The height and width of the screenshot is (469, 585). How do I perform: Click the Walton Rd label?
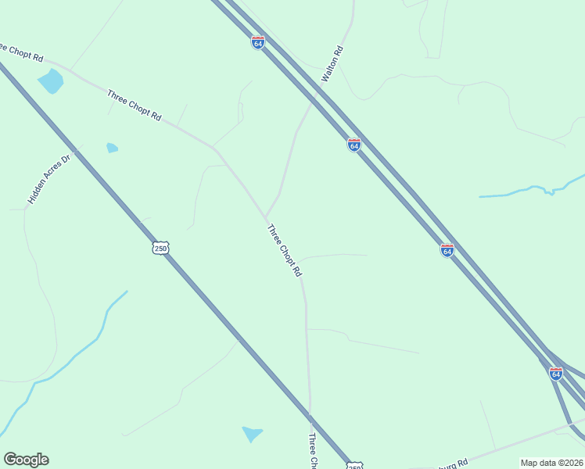[332, 65]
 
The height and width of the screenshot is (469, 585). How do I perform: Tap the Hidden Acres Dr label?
[48, 179]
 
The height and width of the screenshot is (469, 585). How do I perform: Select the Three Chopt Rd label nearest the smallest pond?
[135, 105]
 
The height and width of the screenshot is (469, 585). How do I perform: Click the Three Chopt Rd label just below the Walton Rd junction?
[284, 251]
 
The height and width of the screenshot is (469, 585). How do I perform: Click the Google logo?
[26, 460]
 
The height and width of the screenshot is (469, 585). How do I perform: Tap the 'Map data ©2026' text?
[552, 463]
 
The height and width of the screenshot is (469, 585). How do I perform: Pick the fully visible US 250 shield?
[160, 248]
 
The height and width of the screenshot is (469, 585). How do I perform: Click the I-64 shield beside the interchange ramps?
[556, 374]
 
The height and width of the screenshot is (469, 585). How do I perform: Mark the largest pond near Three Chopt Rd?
[51, 81]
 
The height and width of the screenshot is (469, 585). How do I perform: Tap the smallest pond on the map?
[112, 148]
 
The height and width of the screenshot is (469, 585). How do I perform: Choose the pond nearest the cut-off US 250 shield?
[252, 433]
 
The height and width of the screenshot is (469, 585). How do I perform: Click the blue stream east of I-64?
[532, 190]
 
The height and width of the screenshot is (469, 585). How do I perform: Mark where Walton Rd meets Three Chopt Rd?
[266, 218]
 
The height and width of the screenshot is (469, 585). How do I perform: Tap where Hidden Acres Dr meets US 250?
[79, 146]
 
